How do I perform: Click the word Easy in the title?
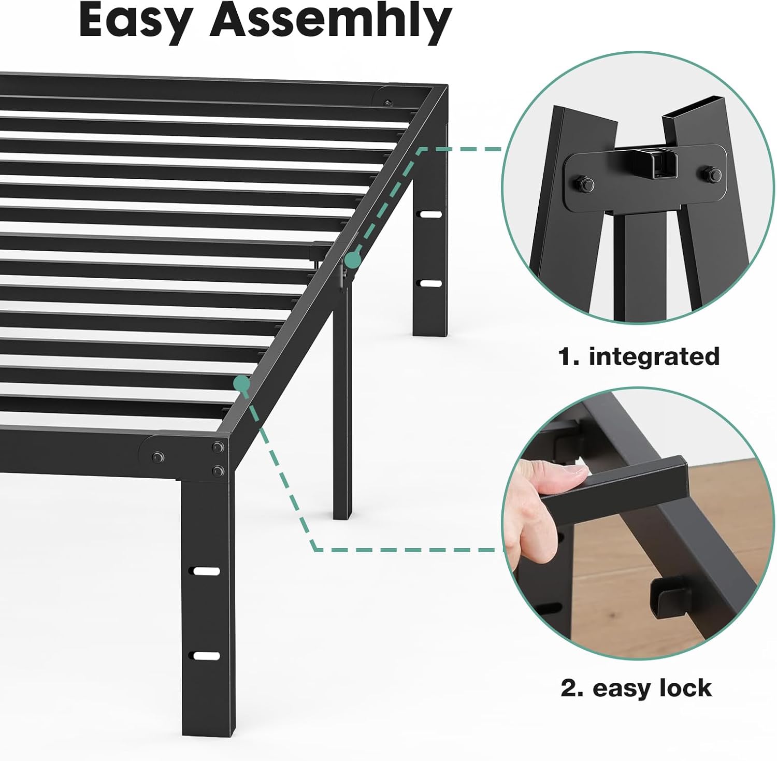tap(136, 21)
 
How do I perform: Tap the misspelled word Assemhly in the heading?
tap(330, 21)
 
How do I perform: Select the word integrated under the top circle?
tap(654, 357)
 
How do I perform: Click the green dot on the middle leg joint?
tap(353, 260)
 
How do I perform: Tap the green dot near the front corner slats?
tap(241, 383)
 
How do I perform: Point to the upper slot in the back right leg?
tap(430, 214)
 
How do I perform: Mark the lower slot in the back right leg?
tap(430, 283)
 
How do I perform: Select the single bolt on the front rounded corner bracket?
tap(157, 457)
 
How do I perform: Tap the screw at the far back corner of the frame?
tap(388, 104)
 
